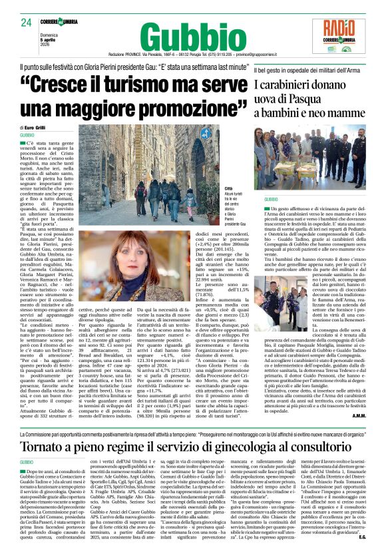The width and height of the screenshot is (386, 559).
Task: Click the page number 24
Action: click(26, 23)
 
